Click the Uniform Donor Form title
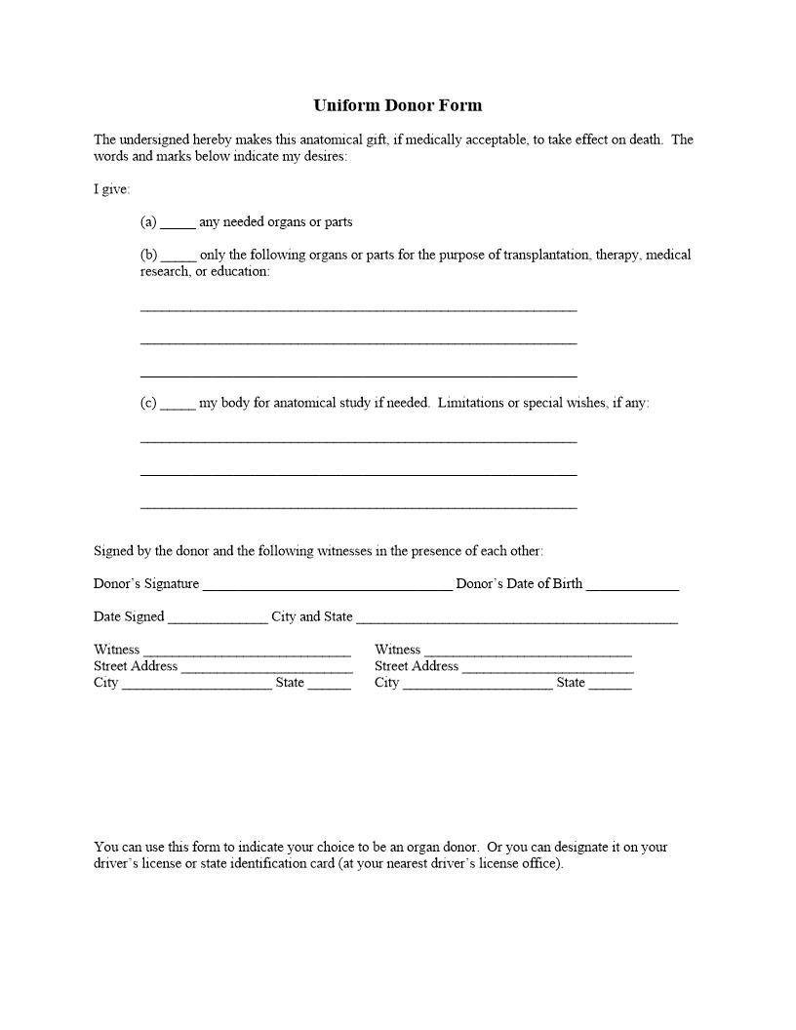[397, 105]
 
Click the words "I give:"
[111, 189]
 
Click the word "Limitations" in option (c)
[470, 403]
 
